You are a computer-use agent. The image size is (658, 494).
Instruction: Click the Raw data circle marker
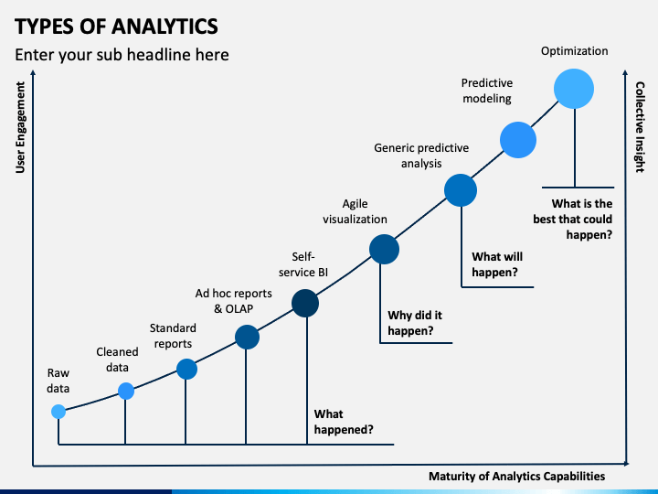58,412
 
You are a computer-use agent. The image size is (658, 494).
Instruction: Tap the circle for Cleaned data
126,392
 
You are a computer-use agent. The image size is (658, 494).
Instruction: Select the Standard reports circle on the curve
186,369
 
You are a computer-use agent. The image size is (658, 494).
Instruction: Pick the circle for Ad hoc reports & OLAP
247,338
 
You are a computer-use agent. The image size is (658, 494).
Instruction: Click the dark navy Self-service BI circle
304,303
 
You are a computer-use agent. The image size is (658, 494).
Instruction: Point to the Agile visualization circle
384,249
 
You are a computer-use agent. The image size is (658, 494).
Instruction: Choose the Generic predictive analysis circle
462,190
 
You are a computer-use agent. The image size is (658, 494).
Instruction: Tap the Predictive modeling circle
517,140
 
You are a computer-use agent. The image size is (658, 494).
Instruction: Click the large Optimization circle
574,90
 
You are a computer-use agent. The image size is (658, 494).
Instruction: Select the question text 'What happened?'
344,421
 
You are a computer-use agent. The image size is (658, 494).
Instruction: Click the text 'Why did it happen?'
411,323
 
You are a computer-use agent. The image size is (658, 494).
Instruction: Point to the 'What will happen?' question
497,264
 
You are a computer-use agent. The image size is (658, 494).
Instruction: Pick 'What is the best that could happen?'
573,220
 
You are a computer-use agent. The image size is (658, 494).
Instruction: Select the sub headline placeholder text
122,55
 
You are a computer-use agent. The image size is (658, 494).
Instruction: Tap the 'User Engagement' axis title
21,127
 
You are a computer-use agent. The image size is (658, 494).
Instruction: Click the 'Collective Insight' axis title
641,127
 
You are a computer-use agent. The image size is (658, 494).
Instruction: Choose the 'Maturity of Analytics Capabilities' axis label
516,477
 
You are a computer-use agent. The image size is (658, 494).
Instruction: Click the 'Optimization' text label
574,51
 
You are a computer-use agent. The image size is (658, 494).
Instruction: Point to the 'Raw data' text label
58,381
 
